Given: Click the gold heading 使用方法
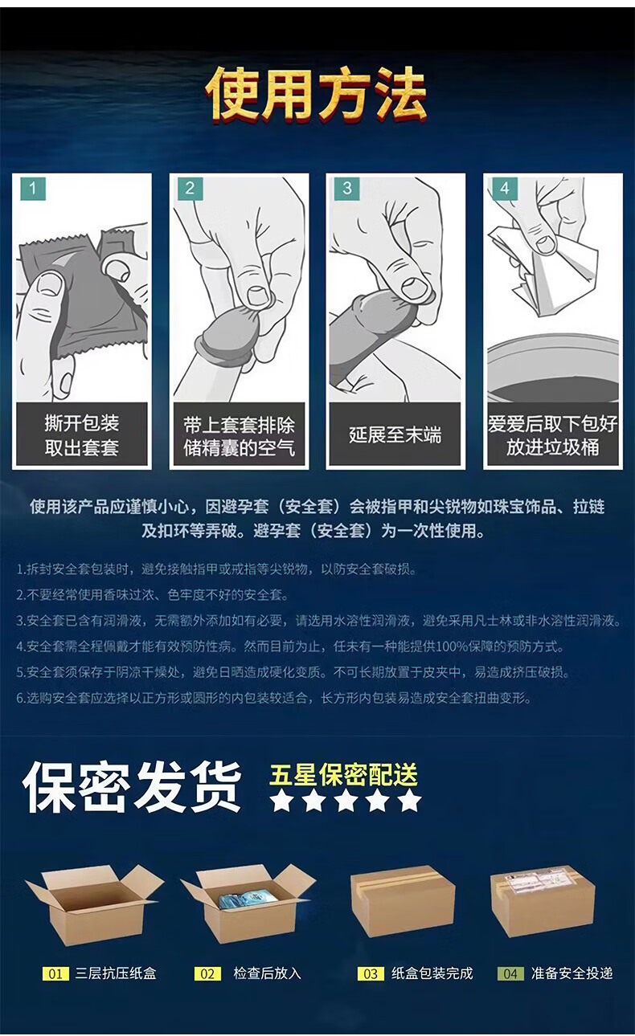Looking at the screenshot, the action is [316, 95].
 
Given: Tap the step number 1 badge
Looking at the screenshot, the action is [33, 188].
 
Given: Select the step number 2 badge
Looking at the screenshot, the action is [190, 188].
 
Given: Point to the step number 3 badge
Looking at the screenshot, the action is [346, 188].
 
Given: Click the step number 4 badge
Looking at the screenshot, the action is [504, 188].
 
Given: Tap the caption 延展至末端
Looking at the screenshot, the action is [395, 435].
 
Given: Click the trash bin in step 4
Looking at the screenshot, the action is [553, 368].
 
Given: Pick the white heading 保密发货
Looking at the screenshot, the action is [132, 788].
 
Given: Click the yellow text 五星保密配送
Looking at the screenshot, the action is [343, 775].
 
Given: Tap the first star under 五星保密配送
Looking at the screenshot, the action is [281, 801].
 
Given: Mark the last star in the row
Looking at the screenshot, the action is [410, 801].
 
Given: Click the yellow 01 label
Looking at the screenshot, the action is [55, 973].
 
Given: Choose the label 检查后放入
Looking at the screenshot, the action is [267, 973].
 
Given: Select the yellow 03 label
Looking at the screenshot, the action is [371, 973].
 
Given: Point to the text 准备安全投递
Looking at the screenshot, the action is [571, 973].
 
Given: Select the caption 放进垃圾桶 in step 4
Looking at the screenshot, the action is [553, 447].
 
